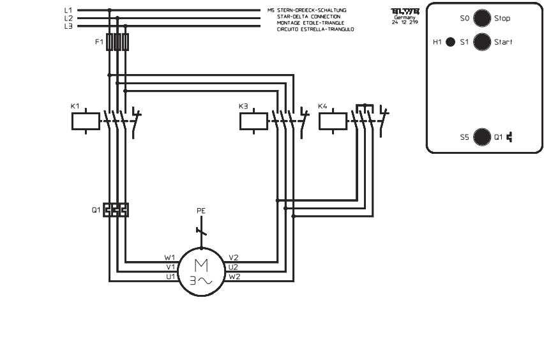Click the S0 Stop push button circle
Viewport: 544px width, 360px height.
click(483, 19)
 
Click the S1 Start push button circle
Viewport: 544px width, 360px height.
click(483, 42)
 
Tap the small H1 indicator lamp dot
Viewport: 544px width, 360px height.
click(450, 42)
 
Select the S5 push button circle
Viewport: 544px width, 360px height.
click(483, 136)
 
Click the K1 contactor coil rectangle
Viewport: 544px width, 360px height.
click(85, 121)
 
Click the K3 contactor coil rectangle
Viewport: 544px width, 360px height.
click(253, 121)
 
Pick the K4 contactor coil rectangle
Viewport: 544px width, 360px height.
click(332, 121)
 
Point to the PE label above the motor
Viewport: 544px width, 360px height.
click(201, 210)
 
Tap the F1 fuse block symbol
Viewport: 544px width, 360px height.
click(117, 42)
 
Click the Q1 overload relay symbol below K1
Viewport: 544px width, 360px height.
click(116, 209)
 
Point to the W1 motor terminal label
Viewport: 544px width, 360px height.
click(169, 259)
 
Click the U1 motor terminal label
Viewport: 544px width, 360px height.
click(169, 276)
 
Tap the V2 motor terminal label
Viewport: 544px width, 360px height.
click(234, 259)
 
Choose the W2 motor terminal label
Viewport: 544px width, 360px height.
click(234, 276)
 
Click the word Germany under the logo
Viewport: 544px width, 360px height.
click(404, 17)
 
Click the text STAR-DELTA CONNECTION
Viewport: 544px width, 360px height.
click(308, 17)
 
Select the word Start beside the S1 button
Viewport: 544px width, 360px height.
click(503, 42)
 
